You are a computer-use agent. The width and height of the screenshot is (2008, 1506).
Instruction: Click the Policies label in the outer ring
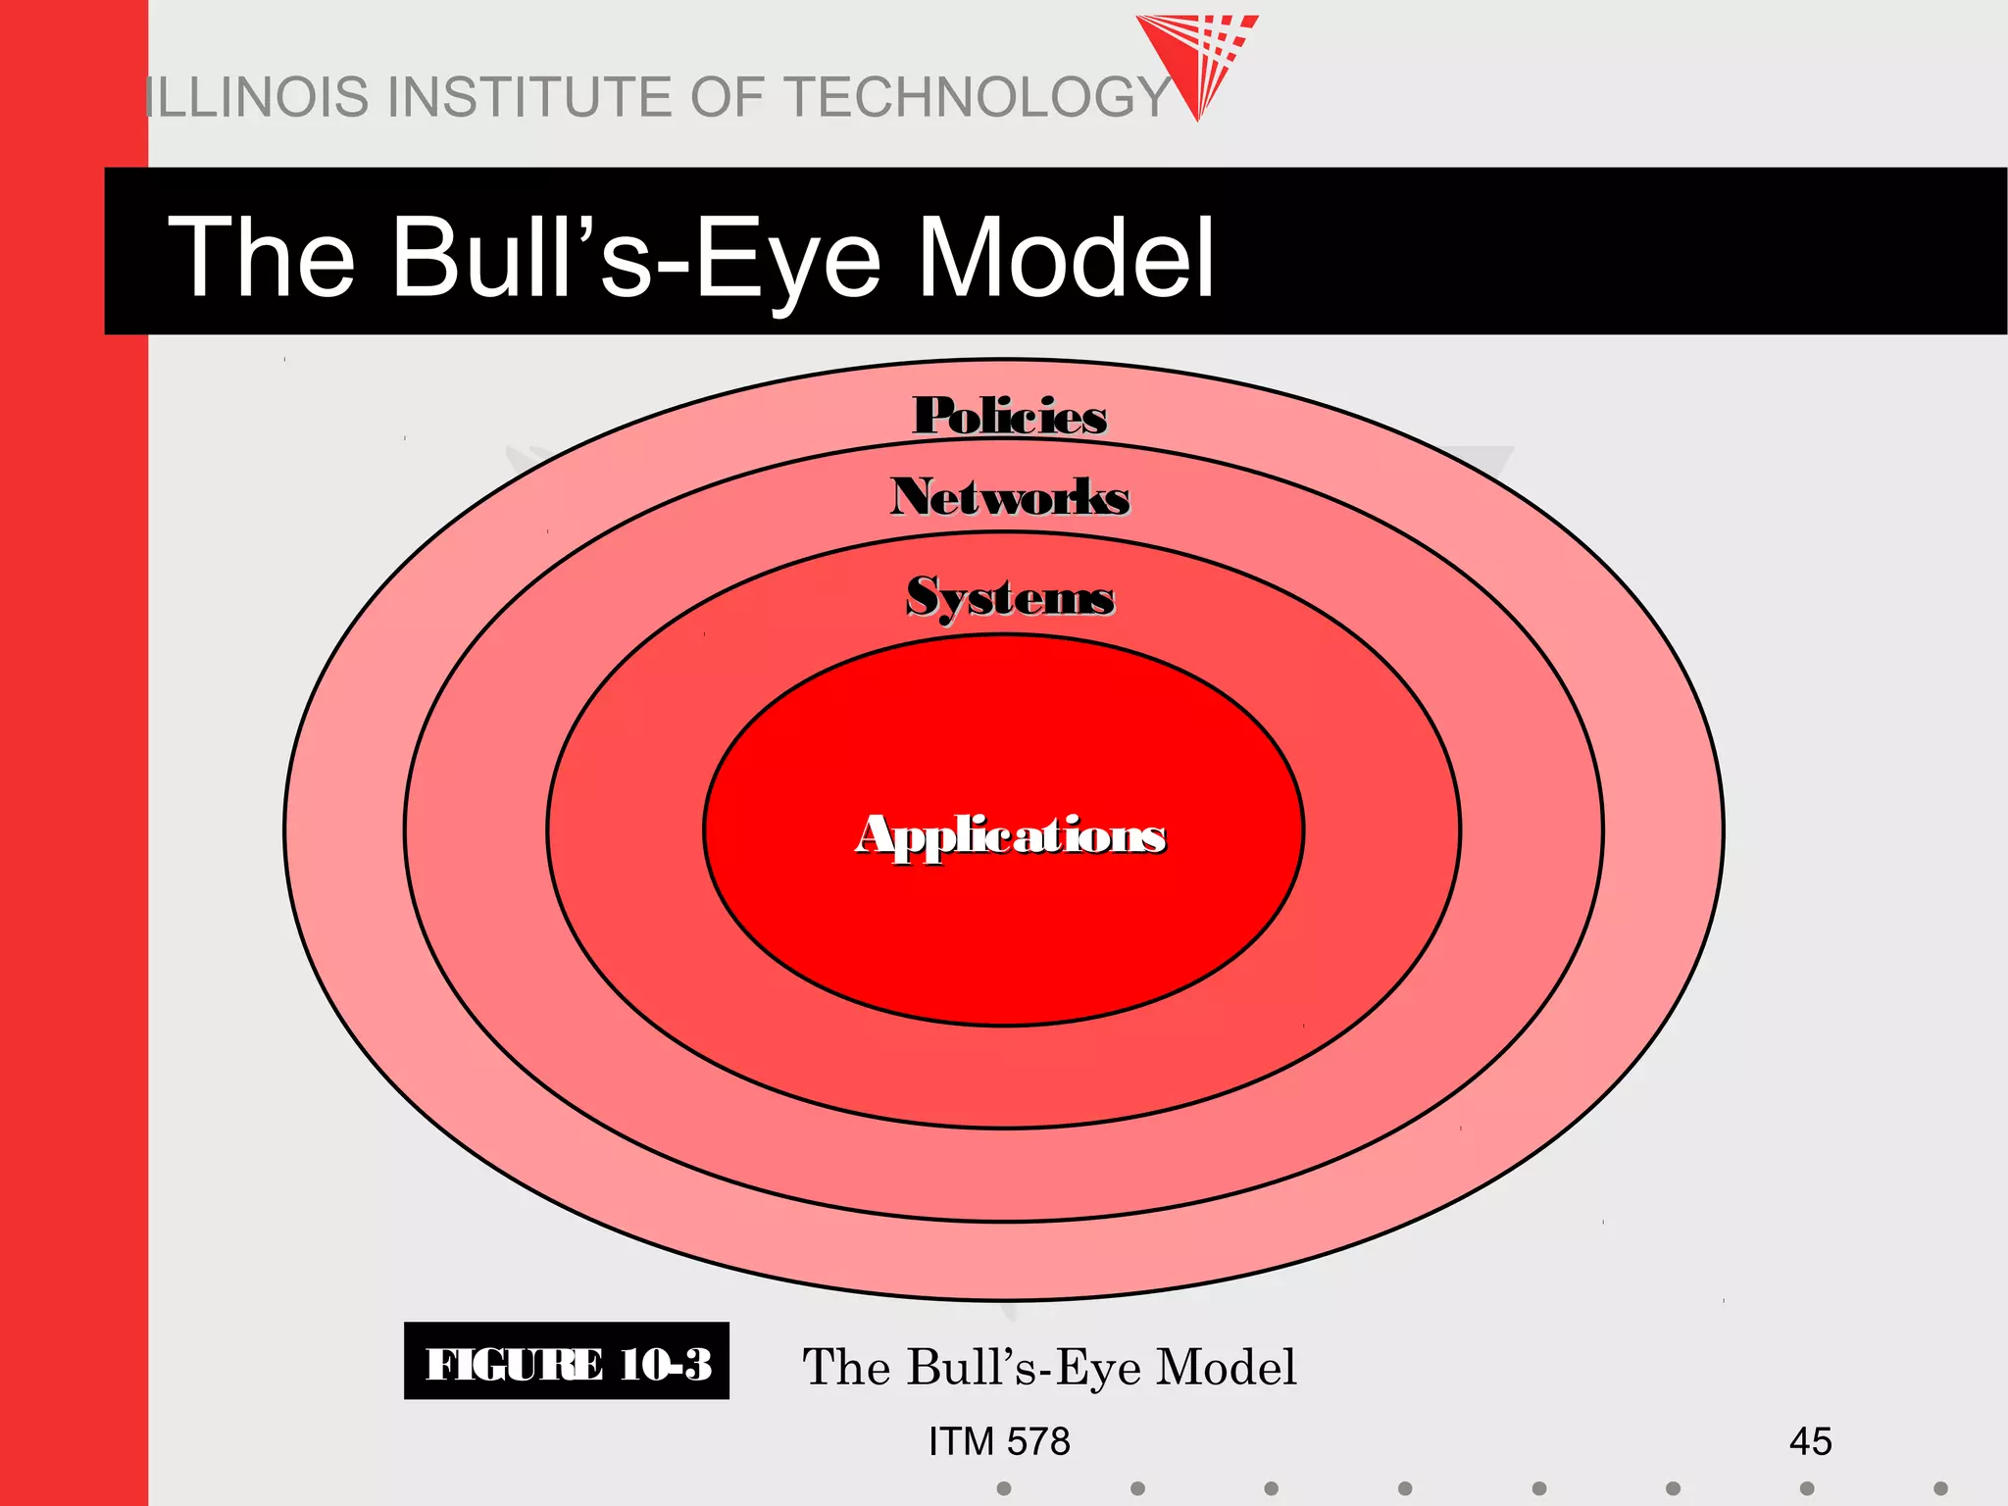pyautogui.click(x=1010, y=416)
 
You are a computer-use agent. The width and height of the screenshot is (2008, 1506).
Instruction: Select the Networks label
pyautogui.click(x=1010, y=497)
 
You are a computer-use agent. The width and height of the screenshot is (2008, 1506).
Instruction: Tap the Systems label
pyautogui.click(x=1010, y=597)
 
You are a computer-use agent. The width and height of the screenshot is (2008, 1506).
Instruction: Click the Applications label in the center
pyautogui.click(x=1011, y=836)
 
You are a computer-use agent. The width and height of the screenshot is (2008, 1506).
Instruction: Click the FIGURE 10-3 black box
pyautogui.click(x=567, y=1362)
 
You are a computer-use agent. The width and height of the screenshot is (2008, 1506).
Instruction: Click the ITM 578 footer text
pyautogui.click(x=999, y=1441)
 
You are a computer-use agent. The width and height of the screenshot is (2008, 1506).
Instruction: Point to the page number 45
pyautogui.click(x=1810, y=1441)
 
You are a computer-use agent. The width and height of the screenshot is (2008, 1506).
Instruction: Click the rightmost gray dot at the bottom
pyautogui.click(x=1940, y=1488)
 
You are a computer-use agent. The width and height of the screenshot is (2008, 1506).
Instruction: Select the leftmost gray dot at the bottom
pyautogui.click(x=1004, y=1488)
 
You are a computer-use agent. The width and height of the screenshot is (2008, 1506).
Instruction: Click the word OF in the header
pyautogui.click(x=727, y=97)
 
